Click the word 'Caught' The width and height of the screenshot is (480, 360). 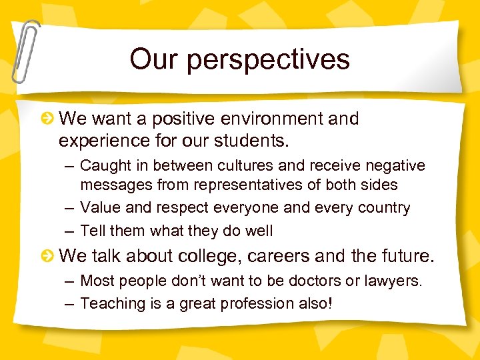coord(102,165)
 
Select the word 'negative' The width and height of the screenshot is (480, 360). coord(393,165)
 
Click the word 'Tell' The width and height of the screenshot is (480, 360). coord(91,231)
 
